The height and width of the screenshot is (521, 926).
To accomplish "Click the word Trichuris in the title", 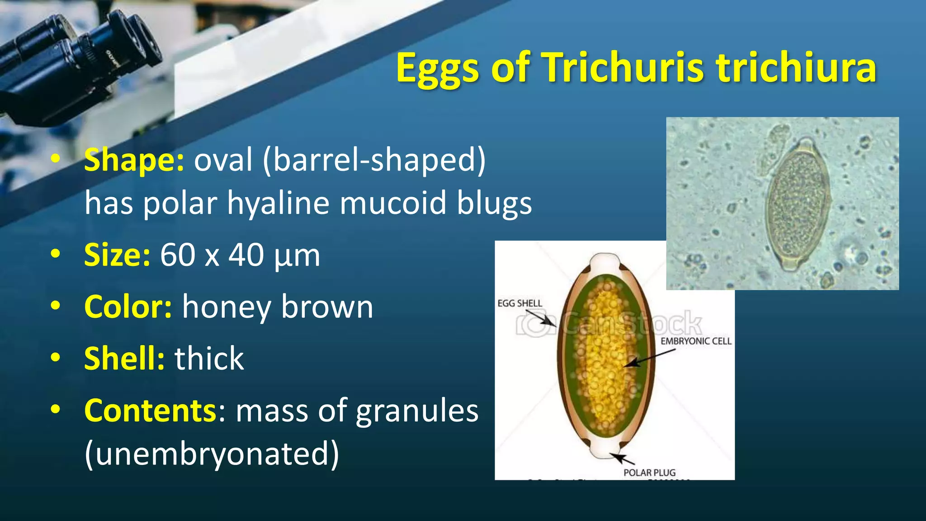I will [624, 68].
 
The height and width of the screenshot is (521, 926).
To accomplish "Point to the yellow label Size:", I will [117, 256].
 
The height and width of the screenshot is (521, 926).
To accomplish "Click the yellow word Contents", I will [151, 411].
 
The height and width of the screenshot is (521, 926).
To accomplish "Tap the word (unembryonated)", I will [212, 454].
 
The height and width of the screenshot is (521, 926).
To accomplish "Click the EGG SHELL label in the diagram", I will [520, 303].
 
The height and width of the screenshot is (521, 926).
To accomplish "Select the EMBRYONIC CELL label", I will [695, 341].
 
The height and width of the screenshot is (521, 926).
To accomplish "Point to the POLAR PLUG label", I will [649, 473].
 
